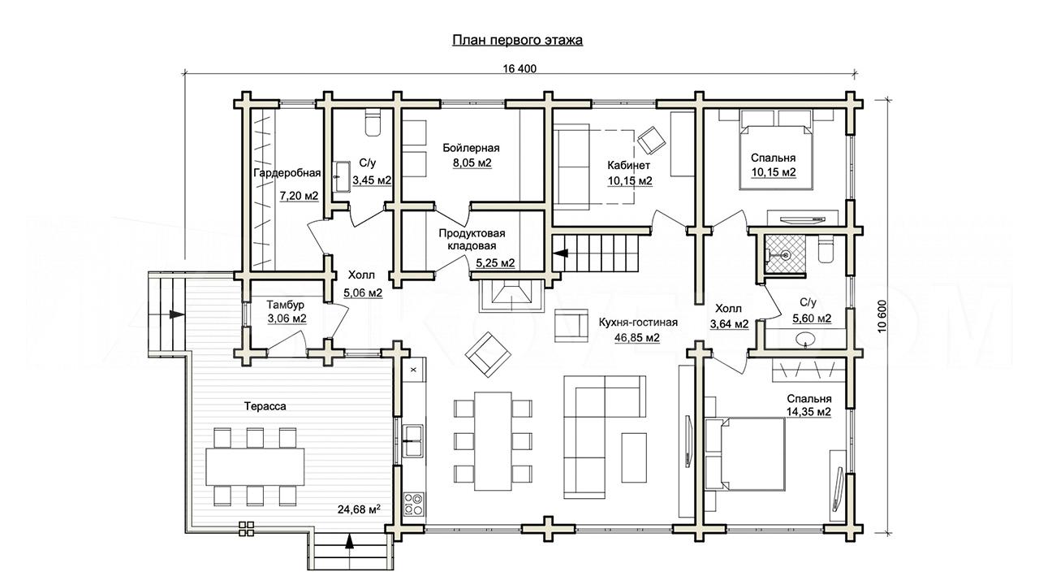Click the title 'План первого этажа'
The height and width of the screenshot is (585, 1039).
click(517, 41)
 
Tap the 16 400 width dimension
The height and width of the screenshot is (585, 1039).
click(519, 69)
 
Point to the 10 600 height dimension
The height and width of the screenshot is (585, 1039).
click(882, 316)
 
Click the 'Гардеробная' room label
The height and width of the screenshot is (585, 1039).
click(287, 173)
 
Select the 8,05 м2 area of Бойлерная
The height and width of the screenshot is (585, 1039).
click(472, 163)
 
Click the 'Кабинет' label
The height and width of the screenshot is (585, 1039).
click(628, 165)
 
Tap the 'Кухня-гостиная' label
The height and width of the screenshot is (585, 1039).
click(638, 323)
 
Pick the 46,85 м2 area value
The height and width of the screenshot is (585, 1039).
click(637, 337)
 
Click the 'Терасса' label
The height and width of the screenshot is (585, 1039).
click(265, 406)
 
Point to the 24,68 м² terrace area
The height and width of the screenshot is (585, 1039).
click(359, 509)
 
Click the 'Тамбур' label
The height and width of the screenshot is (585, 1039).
click(285, 305)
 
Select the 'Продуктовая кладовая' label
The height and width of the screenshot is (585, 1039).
click(472, 240)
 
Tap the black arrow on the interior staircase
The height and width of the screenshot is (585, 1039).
click(562, 253)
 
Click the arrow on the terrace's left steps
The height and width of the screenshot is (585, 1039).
click(177, 314)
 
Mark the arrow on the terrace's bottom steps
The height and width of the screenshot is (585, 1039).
click(349, 541)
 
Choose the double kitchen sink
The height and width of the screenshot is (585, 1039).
click(413, 440)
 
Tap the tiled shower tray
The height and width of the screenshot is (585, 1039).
click(784, 253)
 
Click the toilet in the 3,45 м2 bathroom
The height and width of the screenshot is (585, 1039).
click(373, 122)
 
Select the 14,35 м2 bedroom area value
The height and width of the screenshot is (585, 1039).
click(808, 412)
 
